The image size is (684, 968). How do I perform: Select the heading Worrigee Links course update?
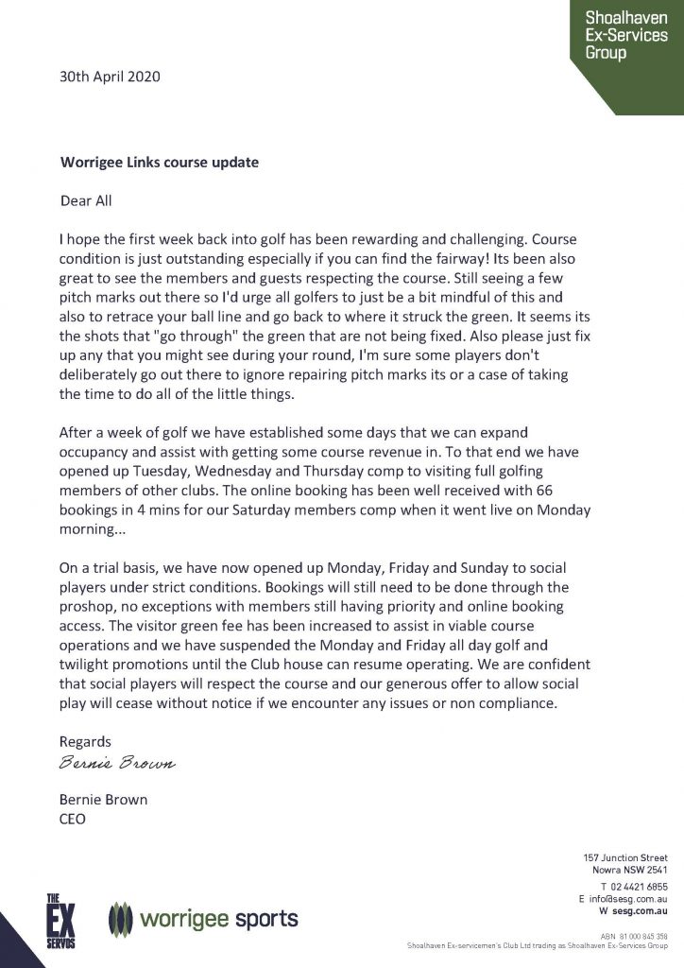click(x=159, y=162)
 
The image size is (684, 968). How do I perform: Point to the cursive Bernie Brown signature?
click(x=118, y=762)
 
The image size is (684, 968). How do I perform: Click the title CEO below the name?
click(x=73, y=819)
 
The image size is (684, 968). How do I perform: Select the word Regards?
click(x=85, y=742)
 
